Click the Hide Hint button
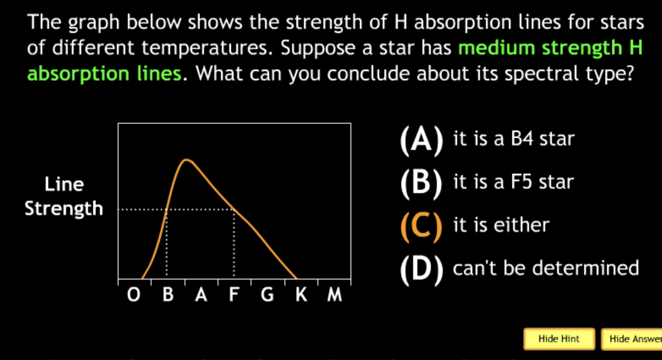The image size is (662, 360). (559, 339)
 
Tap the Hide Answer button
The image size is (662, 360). (632, 339)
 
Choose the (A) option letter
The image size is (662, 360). (422, 140)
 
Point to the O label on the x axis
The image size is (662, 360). (134, 295)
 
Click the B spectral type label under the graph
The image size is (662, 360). (168, 294)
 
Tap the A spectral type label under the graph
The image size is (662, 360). (201, 294)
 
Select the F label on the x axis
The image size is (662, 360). (234, 294)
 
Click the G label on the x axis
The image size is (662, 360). (267, 295)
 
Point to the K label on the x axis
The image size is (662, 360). (301, 294)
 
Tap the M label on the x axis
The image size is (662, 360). (334, 294)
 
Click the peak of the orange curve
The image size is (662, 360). (185, 160)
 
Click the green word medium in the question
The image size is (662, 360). (496, 47)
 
